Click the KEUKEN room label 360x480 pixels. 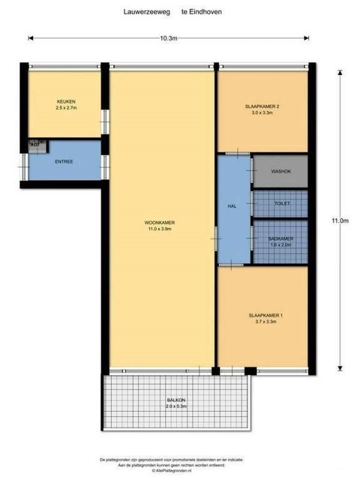66,101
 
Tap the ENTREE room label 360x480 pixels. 64,162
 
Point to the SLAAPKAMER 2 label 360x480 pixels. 262,107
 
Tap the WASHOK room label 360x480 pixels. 281,171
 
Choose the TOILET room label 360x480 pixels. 282,204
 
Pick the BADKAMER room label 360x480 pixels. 281,238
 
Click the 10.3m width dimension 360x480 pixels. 169,38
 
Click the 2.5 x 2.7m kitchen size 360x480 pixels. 66,107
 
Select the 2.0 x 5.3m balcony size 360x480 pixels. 177,407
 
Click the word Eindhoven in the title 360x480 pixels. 206,11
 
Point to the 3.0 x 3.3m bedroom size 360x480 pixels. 262,114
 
